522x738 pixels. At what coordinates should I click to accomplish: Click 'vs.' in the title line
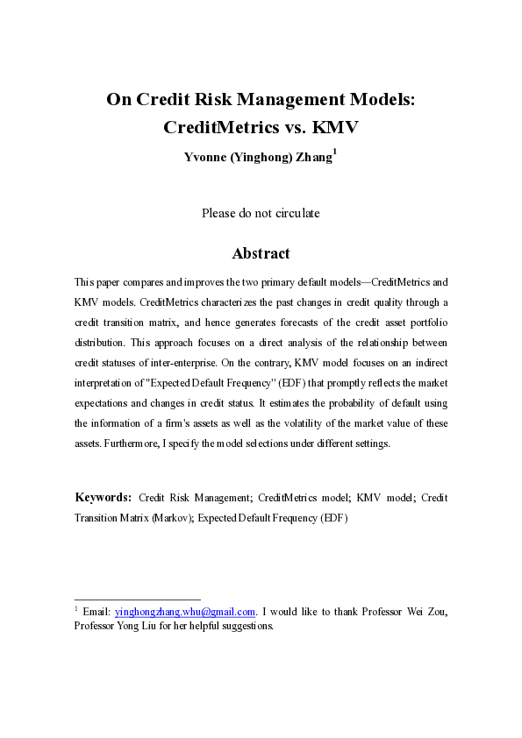291,126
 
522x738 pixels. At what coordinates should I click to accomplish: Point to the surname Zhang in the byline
313,158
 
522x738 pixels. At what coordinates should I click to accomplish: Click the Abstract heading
261,253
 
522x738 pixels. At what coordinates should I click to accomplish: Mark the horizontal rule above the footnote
138,600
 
